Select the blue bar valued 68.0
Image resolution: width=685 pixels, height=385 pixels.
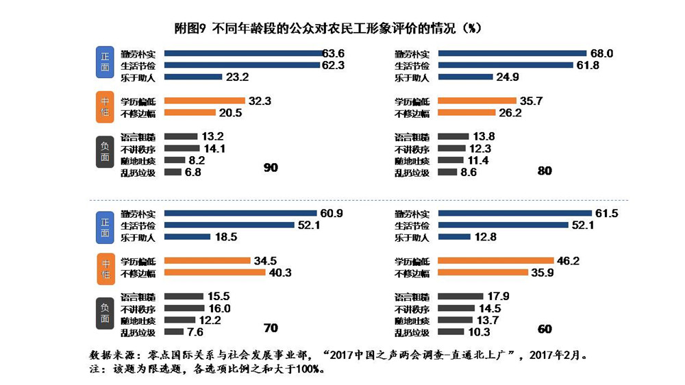tap(512, 53)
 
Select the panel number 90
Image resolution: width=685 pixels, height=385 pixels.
tap(271, 167)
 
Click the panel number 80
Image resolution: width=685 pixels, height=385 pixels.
tap(545, 171)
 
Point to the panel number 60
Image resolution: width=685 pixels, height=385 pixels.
tap(545, 329)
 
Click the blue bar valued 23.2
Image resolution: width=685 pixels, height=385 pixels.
tap(193, 77)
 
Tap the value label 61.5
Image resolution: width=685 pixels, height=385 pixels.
tap(606, 214)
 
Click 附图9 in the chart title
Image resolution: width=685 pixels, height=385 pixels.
tap(192, 29)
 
